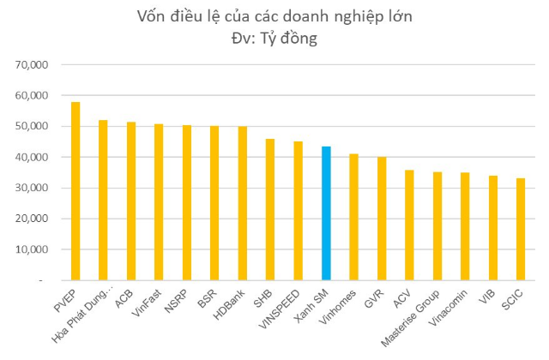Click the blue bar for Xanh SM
[x=326, y=213]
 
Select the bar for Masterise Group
[x=437, y=226]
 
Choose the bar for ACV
[x=409, y=225]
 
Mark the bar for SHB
[x=270, y=209]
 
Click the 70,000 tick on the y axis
[x=37, y=64]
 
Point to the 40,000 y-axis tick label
[x=37, y=157]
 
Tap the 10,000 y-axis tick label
[x=37, y=249]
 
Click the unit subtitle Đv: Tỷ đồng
[x=275, y=39]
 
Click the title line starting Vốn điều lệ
[x=275, y=16]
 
